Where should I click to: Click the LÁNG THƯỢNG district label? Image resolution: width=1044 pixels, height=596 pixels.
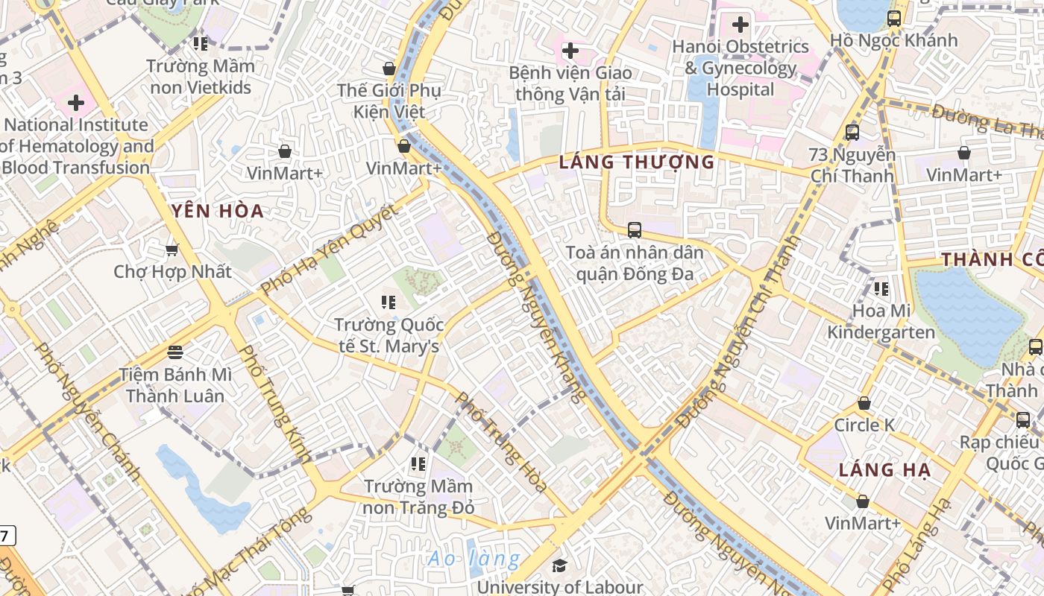[x=637, y=162]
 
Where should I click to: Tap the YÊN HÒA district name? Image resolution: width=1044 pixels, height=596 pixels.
[x=218, y=211]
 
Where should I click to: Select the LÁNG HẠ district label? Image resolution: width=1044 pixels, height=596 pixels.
[x=876, y=470]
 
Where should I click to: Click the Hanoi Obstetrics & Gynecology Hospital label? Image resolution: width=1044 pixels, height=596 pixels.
[x=740, y=68]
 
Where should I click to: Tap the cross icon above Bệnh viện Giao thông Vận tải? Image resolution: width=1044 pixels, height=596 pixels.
[x=570, y=51]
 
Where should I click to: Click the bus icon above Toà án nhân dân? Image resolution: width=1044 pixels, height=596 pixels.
[x=635, y=229]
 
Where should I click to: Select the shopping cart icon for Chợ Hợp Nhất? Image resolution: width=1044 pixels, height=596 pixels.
[x=172, y=250]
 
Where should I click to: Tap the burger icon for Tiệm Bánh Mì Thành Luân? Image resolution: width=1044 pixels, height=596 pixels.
[x=175, y=350]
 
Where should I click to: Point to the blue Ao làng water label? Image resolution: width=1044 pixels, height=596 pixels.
[x=474, y=558]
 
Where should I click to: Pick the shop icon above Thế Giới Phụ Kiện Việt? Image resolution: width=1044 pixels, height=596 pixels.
[x=389, y=69]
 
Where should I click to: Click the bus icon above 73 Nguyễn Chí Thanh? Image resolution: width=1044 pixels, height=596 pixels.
[x=852, y=133]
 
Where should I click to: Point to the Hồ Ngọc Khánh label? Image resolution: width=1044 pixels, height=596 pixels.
[x=893, y=40]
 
